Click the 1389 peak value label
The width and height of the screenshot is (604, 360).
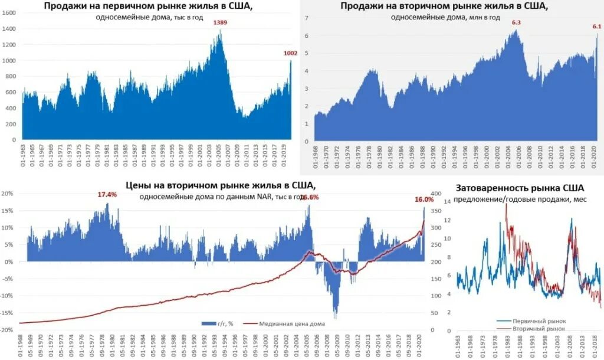(x=220, y=23)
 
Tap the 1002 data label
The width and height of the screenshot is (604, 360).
(x=290, y=53)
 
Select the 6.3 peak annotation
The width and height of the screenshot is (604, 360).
(x=517, y=23)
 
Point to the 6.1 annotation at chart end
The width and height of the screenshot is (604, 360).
(x=596, y=27)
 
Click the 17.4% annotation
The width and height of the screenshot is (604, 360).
(x=107, y=194)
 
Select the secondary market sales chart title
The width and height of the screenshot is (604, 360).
(x=444, y=6)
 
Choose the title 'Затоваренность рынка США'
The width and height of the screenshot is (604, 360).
(x=520, y=188)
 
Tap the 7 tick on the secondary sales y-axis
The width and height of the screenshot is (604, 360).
(x=307, y=18)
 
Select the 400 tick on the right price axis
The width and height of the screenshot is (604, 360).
(x=436, y=194)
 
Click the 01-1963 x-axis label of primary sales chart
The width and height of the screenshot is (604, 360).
(x=24, y=155)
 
